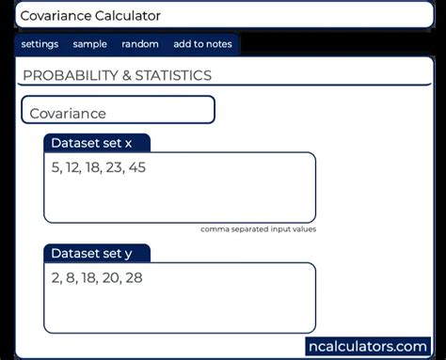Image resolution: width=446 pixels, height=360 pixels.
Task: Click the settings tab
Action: click(x=40, y=44)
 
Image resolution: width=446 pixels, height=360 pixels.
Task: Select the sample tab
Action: click(x=90, y=44)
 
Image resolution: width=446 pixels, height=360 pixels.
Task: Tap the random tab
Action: click(x=140, y=44)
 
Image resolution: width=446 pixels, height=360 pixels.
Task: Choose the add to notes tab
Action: click(x=201, y=44)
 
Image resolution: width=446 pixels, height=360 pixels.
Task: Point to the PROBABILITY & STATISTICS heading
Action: click(x=117, y=75)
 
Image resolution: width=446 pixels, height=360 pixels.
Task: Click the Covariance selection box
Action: click(x=119, y=111)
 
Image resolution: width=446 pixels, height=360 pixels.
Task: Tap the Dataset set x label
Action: click(x=92, y=144)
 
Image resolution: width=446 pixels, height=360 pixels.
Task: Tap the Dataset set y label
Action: click(x=92, y=254)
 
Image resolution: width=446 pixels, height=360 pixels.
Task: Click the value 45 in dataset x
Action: click(x=135, y=168)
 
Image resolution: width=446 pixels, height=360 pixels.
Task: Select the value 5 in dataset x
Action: click(x=56, y=168)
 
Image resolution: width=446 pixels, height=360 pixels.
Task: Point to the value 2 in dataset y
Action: click(x=56, y=278)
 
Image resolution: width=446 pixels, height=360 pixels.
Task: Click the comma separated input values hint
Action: click(x=258, y=229)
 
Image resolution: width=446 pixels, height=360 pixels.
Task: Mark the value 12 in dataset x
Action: click(x=72, y=168)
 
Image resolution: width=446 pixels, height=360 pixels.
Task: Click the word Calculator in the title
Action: click(x=125, y=16)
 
